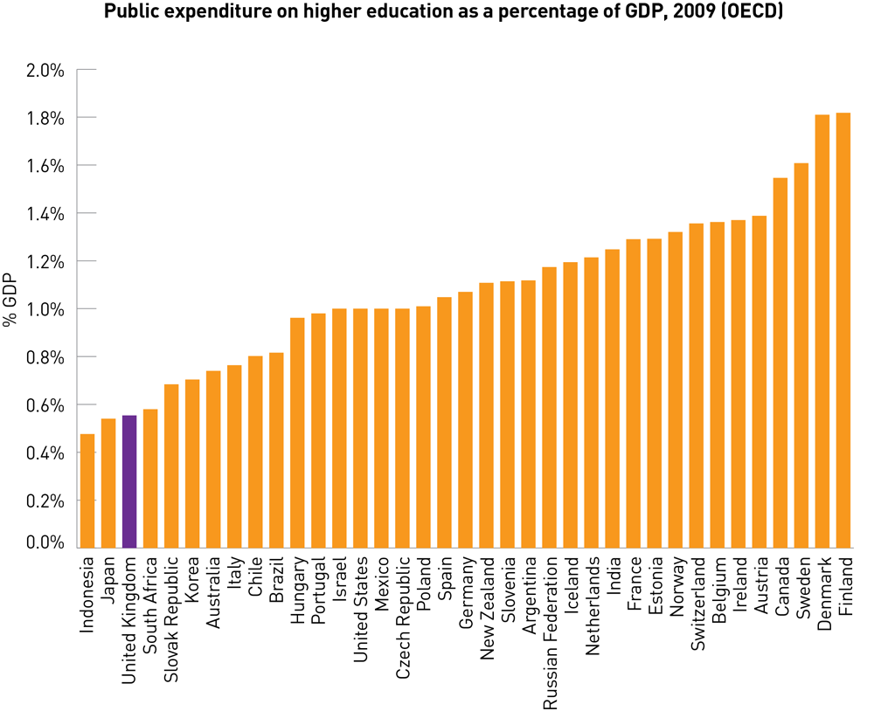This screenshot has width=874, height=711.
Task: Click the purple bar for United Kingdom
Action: click(129, 481)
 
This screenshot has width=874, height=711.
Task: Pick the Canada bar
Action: click(780, 362)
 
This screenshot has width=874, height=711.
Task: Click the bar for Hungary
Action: click(297, 432)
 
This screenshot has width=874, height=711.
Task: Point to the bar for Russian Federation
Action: click(549, 407)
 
